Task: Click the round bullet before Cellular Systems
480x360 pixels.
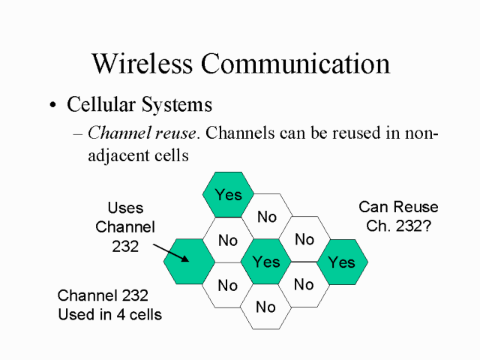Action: [52, 106]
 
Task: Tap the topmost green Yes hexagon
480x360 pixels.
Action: [228, 194]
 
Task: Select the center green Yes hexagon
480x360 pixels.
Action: [266, 262]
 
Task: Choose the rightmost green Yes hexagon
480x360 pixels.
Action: [341, 262]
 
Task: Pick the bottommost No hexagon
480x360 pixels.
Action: [265, 307]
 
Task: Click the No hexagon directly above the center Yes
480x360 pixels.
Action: [267, 217]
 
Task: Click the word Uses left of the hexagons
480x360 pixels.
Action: [125, 208]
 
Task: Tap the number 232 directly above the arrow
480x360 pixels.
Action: [125, 245]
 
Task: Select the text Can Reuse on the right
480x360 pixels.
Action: [398, 207]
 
